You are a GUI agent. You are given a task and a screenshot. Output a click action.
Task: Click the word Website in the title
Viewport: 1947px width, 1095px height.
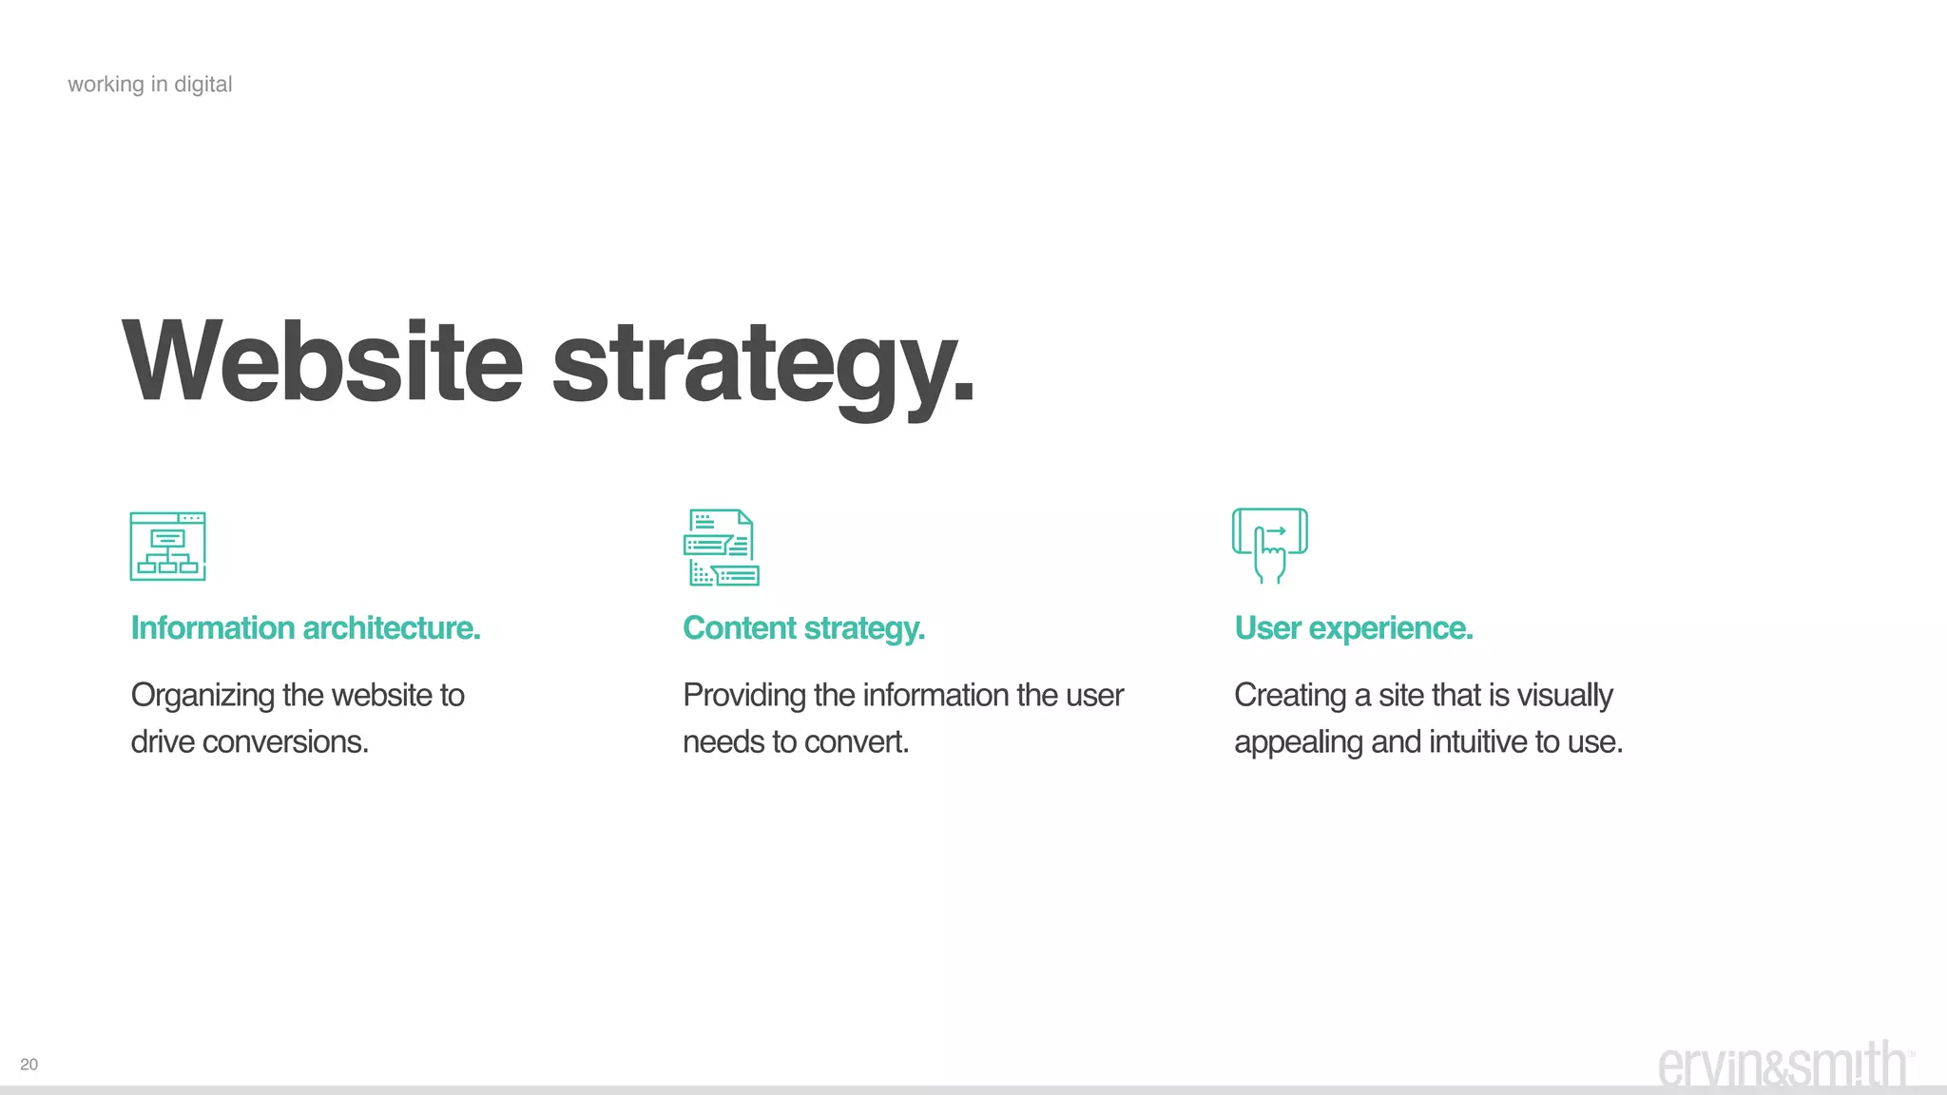tap(323, 362)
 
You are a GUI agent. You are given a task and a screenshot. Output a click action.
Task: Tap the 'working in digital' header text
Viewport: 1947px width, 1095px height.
tap(150, 85)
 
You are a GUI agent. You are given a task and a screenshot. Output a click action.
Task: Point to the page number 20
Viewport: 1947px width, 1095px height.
tap(29, 1065)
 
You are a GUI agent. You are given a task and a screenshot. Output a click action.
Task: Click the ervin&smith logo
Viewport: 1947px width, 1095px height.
tap(1783, 1066)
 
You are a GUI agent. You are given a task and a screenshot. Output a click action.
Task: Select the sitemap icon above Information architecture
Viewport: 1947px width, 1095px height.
tap(167, 547)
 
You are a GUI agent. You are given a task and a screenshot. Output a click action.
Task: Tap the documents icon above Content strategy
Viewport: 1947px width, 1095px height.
tap(721, 547)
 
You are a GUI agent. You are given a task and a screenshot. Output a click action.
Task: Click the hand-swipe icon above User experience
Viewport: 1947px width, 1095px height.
tap(1269, 545)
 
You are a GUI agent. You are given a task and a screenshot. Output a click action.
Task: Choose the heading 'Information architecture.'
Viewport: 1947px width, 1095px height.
tap(305, 628)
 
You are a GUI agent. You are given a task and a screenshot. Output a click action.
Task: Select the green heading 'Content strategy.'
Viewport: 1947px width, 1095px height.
tap(803, 628)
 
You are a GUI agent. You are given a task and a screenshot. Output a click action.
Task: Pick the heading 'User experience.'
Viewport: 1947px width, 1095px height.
tap(1353, 628)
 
